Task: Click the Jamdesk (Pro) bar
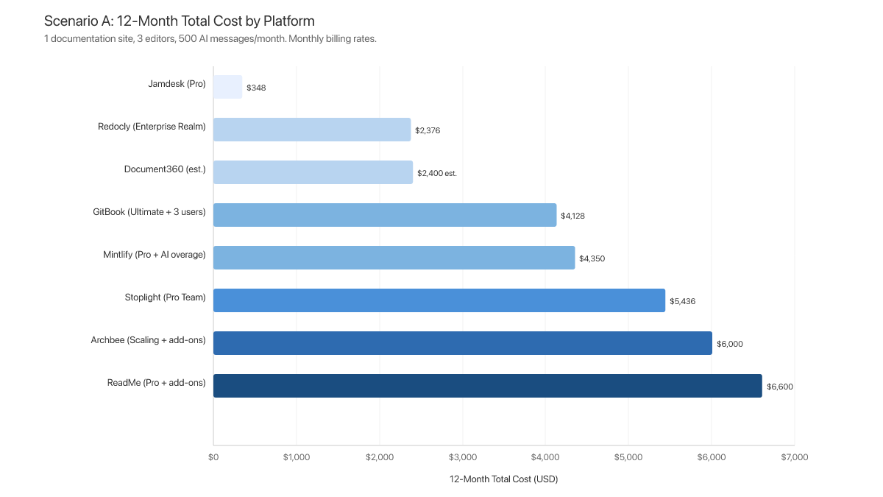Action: coord(228,87)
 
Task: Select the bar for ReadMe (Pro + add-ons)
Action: coord(487,386)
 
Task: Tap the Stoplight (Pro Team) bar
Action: coord(439,300)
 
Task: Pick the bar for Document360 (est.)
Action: coord(313,172)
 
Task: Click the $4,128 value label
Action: coord(572,216)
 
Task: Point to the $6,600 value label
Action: coord(780,387)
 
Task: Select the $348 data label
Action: coord(256,88)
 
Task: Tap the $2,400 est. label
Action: coord(437,173)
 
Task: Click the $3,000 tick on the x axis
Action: coord(462,457)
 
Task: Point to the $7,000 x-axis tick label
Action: coord(794,457)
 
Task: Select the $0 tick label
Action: coord(213,457)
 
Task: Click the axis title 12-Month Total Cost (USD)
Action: coord(503,479)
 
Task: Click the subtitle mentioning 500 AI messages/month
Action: coord(210,39)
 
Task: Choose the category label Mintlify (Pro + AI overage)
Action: coord(155,255)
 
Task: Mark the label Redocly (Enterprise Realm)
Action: coord(152,127)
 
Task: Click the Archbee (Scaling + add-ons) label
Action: coord(148,340)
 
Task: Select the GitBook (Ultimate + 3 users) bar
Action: coord(385,215)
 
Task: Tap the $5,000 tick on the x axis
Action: coord(628,457)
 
